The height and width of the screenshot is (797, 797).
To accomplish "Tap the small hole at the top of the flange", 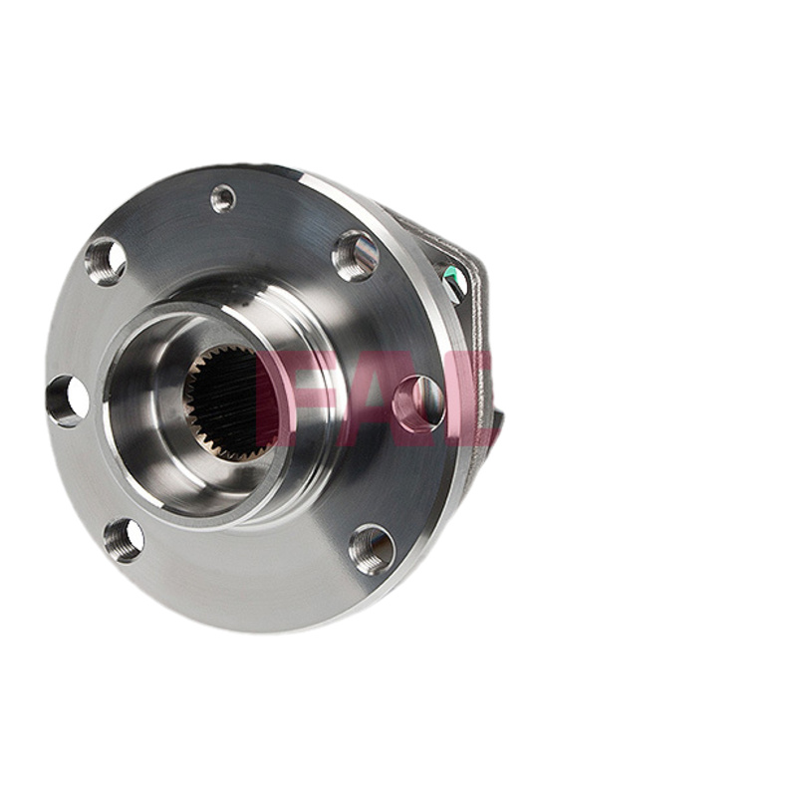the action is [223, 198].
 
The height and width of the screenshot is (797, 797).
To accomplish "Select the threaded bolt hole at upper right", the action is [357, 256].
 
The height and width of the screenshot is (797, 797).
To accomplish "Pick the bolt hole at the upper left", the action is [106, 262].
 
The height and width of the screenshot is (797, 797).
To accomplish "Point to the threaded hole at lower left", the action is [124, 540].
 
